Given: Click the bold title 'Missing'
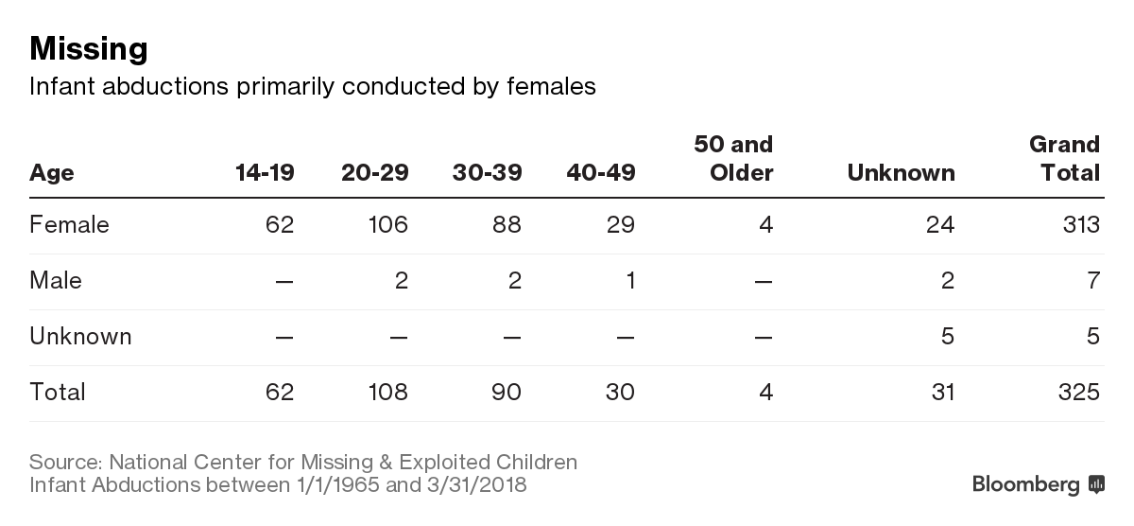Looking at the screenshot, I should pyautogui.click(x=88, y=48).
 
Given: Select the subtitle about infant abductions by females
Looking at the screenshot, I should pyautogui.click(x=312, y=87).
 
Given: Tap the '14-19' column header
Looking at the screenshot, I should pyautogui.click(x=265, y=173).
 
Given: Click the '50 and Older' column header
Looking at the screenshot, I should pyautogui.click(x=733, y=159).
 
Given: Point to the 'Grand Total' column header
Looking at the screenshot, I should pyautogui.click(x=1064, y=159).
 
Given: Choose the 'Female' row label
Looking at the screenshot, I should pyautogui.click(x=69, y=225).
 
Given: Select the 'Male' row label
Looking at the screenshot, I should pyautogui.click(x=55, y=281).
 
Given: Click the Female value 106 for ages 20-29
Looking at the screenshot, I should pyautogui.click(x=388, y=225).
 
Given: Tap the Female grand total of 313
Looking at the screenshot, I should pyautogui.click(x=1079, y=225).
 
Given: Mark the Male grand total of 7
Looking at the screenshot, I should pyautogui.click(x=1093, y=281).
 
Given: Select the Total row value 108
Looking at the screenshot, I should pyautogui.click(x=388, y=393).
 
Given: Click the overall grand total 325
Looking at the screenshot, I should pyautogui.click(x=1079, y=393).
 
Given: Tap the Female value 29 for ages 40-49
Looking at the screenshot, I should pyautogui.click(x=620, y=225).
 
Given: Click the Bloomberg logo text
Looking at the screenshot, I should pyautogui.click(x=1025, y=485).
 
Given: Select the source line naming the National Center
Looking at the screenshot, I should pyautogui.click(x=302, y=463).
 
